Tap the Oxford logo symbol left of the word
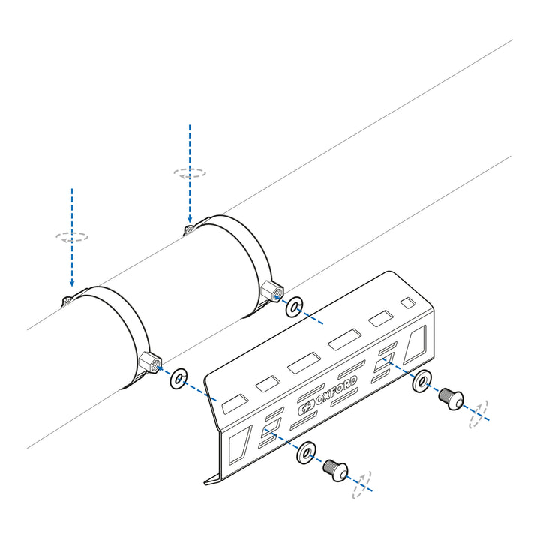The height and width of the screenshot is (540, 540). click(307, 409)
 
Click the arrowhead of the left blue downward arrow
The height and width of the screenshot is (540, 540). click(72, 283)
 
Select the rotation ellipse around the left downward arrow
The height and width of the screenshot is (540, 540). click(72, 236)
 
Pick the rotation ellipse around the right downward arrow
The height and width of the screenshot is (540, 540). click(190, 172)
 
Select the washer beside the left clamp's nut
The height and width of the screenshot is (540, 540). click(178, 378)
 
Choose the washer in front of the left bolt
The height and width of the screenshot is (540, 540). click(306, 454)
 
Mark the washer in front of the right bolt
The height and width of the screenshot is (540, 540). click(421, 382)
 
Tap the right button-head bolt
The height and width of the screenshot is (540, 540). click(450, 396)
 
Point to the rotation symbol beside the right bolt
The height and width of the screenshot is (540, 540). click(478, 413)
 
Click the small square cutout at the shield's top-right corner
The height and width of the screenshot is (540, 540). click(407, 303)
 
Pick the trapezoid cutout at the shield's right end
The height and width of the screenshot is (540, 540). click(415, 346)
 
